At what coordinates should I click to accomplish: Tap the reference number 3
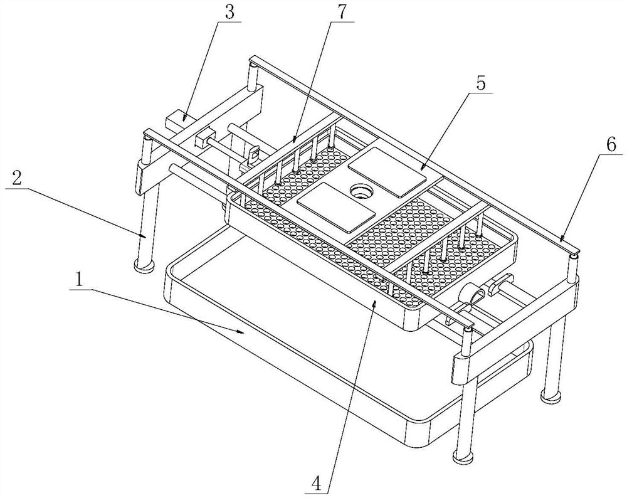pyautogui.click(x=229, y=13)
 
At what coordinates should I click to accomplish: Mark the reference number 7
pyautogui.click(x=341, y=13)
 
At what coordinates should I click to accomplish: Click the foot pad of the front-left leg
pyautogui.click(x=144, y=265)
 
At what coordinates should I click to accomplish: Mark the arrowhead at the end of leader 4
pyautogui.click(x=374, y=305)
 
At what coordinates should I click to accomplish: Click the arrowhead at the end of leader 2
pyautogui.click(x=145, y=236)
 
